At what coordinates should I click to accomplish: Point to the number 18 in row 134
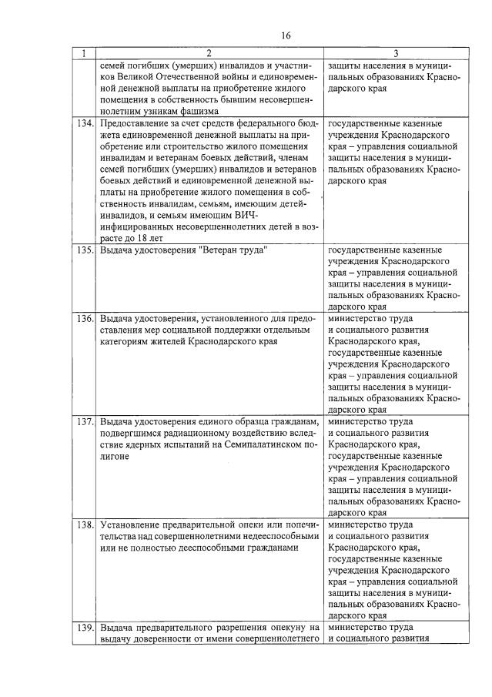(x=136, y=240)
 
